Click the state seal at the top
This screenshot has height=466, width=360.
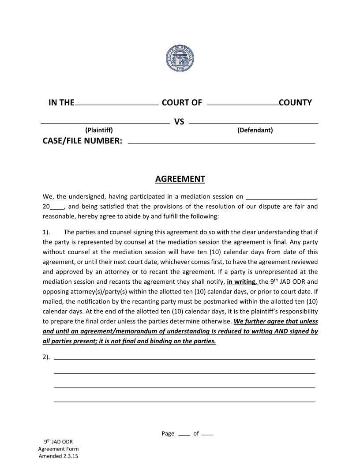click(180, 58)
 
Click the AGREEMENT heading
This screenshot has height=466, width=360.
click(180, 179)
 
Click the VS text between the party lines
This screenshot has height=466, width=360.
click(179, 121)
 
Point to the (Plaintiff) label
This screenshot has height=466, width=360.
click(99, 130)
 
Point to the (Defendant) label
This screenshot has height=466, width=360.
click(255, 130)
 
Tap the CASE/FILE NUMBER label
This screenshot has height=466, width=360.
click(82, 141)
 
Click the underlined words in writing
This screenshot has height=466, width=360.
click(242, 282)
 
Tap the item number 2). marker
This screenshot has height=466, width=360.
click(46, 357)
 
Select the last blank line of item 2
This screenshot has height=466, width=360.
click(184, 401)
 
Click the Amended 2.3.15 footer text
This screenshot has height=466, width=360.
click(58, 456)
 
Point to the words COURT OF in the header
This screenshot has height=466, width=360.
click(182, 103)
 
